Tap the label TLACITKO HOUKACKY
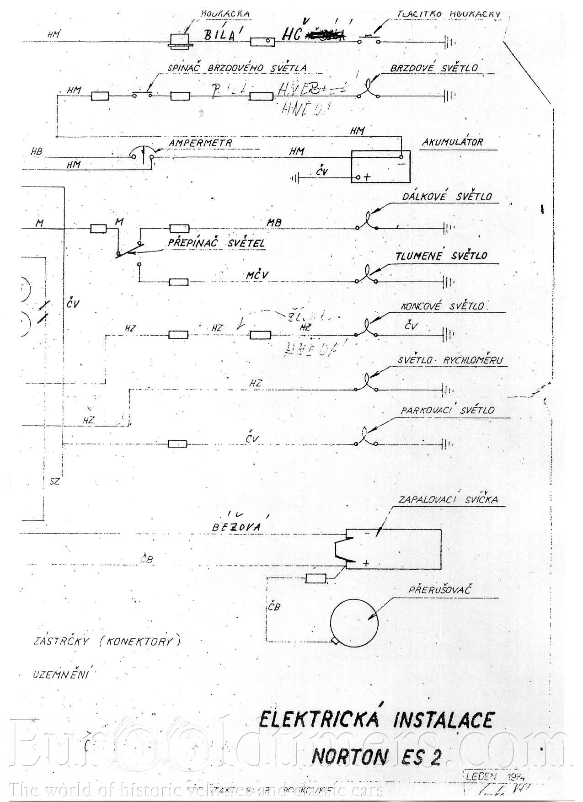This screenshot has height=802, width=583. [x=449, y=14]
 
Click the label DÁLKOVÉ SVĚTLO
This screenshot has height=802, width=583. [x=447, y=197]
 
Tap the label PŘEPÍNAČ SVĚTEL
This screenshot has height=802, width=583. [x=216, y=243]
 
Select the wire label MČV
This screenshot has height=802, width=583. [x=257, y=275]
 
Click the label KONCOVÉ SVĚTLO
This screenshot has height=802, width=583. [x=442, y=306]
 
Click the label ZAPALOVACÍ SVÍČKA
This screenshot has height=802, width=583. [x=448, y=500]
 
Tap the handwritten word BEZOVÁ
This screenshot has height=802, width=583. [x=236, y=527]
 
